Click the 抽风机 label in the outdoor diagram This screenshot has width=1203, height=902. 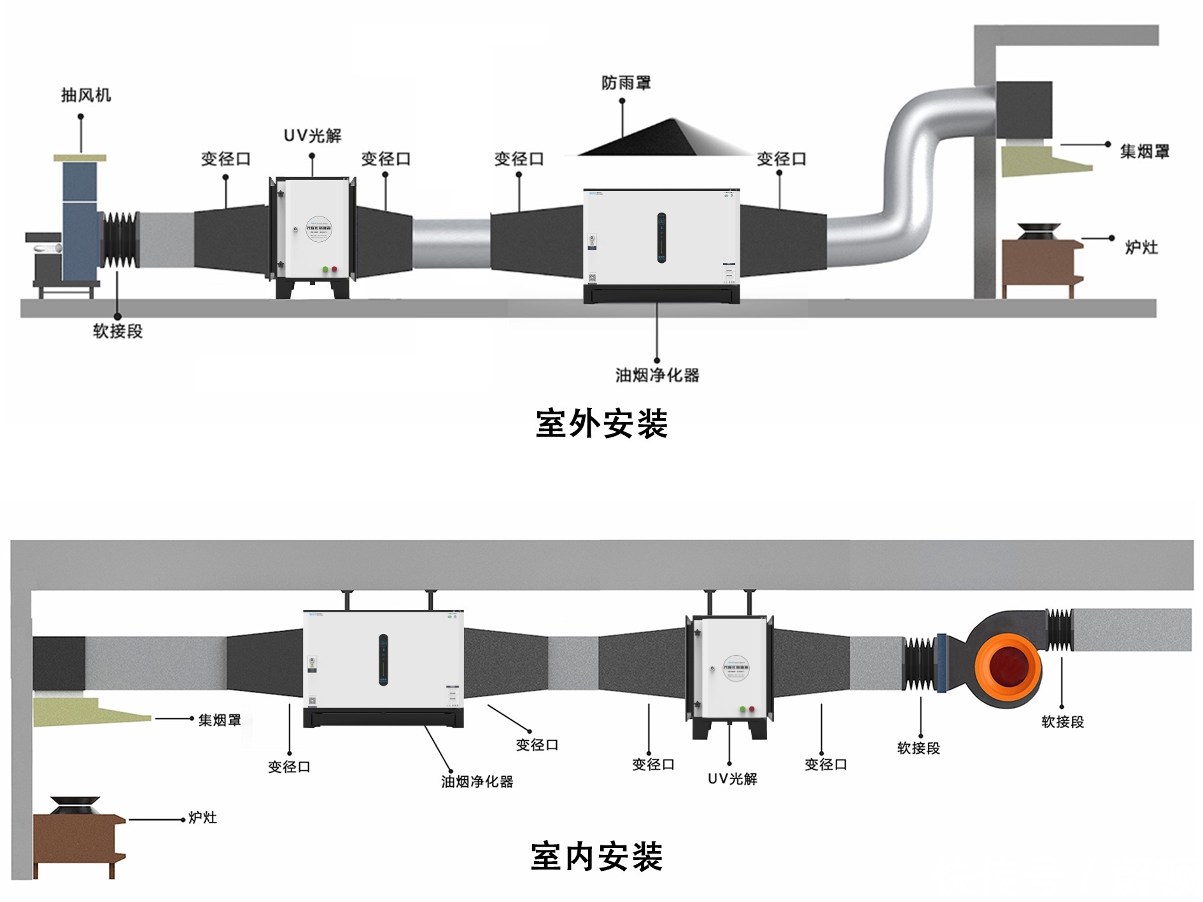pyautogui.click(x=86, y=95)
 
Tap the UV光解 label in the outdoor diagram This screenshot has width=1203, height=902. pyautogui.click(x=313, y=136)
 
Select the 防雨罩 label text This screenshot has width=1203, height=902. pyautogui.click(x=626, y=83)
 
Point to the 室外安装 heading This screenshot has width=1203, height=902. pyautogui.click(x=601, y=423)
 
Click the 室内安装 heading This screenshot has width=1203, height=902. pyautogui.click(x=597, y=856)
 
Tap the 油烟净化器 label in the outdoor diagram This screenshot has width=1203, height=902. pyautogui.click(x=658, y=375)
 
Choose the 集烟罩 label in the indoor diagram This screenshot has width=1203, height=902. pyautogui.click(x=220, y=720)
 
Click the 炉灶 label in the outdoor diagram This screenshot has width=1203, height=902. pyautogui.click(x=1141, y=247)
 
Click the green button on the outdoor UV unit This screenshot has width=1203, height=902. pyautogui.click(x=325, y=269)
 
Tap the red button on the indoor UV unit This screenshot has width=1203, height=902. pyautogui.click(x=752, y=709)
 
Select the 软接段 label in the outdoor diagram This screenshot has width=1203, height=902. pyautogui.click(x=118, y=331)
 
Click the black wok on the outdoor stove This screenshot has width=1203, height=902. pyautogui.click(x=1038, y=232)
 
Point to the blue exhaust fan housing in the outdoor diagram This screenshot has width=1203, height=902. pyautogui.click(x=80, y=220)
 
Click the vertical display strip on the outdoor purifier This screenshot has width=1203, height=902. pyautogui.click(x=661, y=238)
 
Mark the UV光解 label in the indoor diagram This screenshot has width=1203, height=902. pyautogui.click(x=733, y=779)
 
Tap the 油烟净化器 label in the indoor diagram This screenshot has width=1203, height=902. pyautogui.click(x=477, y=781)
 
